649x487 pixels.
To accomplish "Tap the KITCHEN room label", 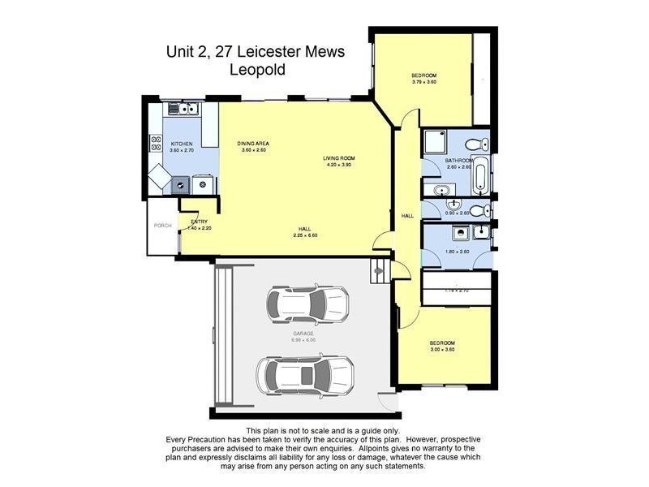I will point(181,144).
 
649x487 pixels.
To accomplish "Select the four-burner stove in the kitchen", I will point(155,144).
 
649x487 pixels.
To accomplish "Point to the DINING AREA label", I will point(252,144).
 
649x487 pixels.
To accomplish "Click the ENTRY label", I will point(200,222).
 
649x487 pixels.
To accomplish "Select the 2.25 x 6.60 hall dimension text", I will point(305,235).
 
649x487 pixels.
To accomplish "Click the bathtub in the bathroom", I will point(480,176).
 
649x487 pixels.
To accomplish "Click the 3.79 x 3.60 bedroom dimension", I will point(424,81).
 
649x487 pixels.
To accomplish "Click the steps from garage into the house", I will point(379,270).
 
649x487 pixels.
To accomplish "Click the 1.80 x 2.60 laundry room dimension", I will point(458,252).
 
